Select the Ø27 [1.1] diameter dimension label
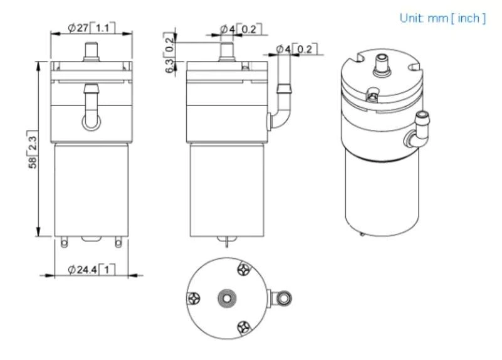click(91, 28)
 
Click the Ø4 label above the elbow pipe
click(296, 49)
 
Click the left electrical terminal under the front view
click(65, 241)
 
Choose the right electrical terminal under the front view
click(117, 241)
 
